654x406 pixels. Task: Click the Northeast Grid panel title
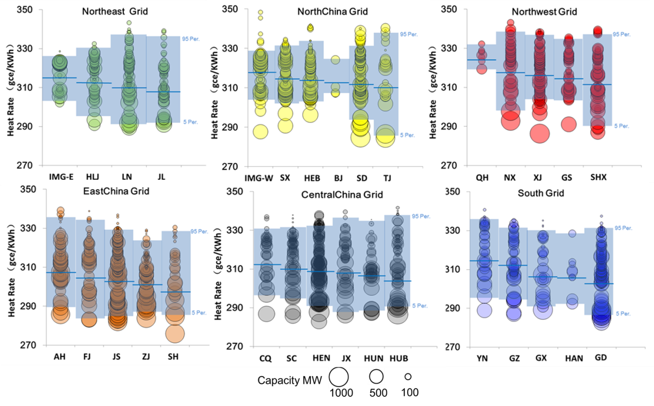[114, 11]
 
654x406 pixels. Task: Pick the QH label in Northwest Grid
[482, 178]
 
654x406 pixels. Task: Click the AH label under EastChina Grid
[61, 357]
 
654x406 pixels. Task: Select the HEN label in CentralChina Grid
[321, 359]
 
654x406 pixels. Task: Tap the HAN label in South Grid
[574, 359]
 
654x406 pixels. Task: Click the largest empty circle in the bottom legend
[339, 377]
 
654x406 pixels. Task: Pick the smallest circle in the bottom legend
[409, 376]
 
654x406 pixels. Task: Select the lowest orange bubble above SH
[175, 334]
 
